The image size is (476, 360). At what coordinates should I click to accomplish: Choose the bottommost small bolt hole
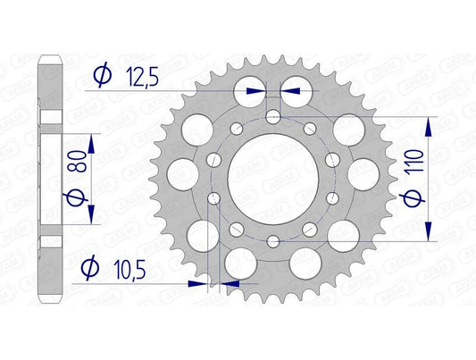tap(272, 242)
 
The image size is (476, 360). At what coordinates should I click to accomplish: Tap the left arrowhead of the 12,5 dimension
tap(257, 91)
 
